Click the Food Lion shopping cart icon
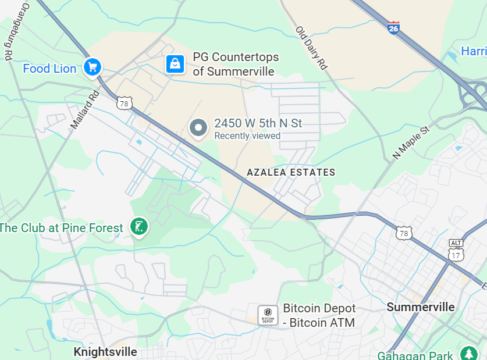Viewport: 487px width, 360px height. [x=92, y=67]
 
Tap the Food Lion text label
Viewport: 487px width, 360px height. [x=49, y=69]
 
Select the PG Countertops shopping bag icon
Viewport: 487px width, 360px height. [x=175, y=64]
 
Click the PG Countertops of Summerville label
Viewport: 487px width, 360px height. [x=236, y=64]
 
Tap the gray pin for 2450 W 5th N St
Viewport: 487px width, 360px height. [x=199, y=127]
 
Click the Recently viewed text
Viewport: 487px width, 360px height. [x=247, y=136]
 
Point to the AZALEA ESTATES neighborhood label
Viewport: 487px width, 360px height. [x=291, y=172]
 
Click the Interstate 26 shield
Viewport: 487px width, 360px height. [x=394, y=27]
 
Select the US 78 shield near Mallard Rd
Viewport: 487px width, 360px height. [x=123, y=103]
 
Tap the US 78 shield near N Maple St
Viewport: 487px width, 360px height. [x=404, y=233]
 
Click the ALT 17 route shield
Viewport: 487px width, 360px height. [x=456, y=251]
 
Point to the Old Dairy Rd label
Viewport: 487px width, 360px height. [x=311, y=48]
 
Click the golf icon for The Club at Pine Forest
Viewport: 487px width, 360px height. [x=138, y=227]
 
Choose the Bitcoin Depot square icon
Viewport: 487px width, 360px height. [x=268, y=315]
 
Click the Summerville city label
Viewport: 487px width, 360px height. [x=421, y=306]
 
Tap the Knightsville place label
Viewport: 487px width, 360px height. [x=105, y=352]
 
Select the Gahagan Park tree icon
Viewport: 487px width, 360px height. [x=468, y=354]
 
